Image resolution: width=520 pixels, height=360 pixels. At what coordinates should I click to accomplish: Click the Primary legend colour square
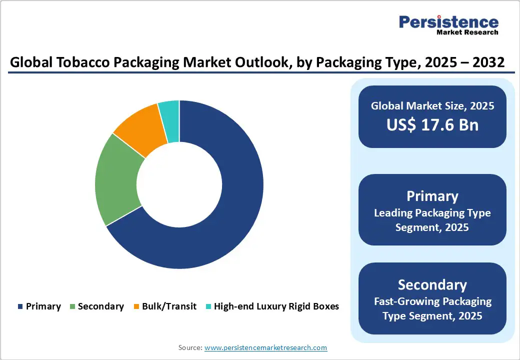(20, 306)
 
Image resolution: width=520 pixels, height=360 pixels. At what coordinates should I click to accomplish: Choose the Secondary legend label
(100, 306)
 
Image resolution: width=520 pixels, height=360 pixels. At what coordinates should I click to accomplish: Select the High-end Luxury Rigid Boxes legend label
(276, 306)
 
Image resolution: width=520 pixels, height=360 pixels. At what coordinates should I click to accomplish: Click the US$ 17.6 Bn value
(432, 124)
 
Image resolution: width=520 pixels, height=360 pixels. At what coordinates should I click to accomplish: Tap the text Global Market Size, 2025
(432, 105)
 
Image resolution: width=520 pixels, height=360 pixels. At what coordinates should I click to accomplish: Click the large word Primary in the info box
(432, 195)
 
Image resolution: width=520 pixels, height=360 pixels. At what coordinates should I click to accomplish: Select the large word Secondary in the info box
(432, 284)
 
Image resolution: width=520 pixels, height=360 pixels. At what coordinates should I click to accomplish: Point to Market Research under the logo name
(467, 32)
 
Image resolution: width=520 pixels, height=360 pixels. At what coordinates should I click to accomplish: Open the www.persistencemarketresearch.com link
(266, 347)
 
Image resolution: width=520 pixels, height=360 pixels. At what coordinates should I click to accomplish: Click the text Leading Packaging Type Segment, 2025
(432, 220)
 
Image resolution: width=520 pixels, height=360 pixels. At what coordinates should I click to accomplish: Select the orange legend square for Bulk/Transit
(136, 306)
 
